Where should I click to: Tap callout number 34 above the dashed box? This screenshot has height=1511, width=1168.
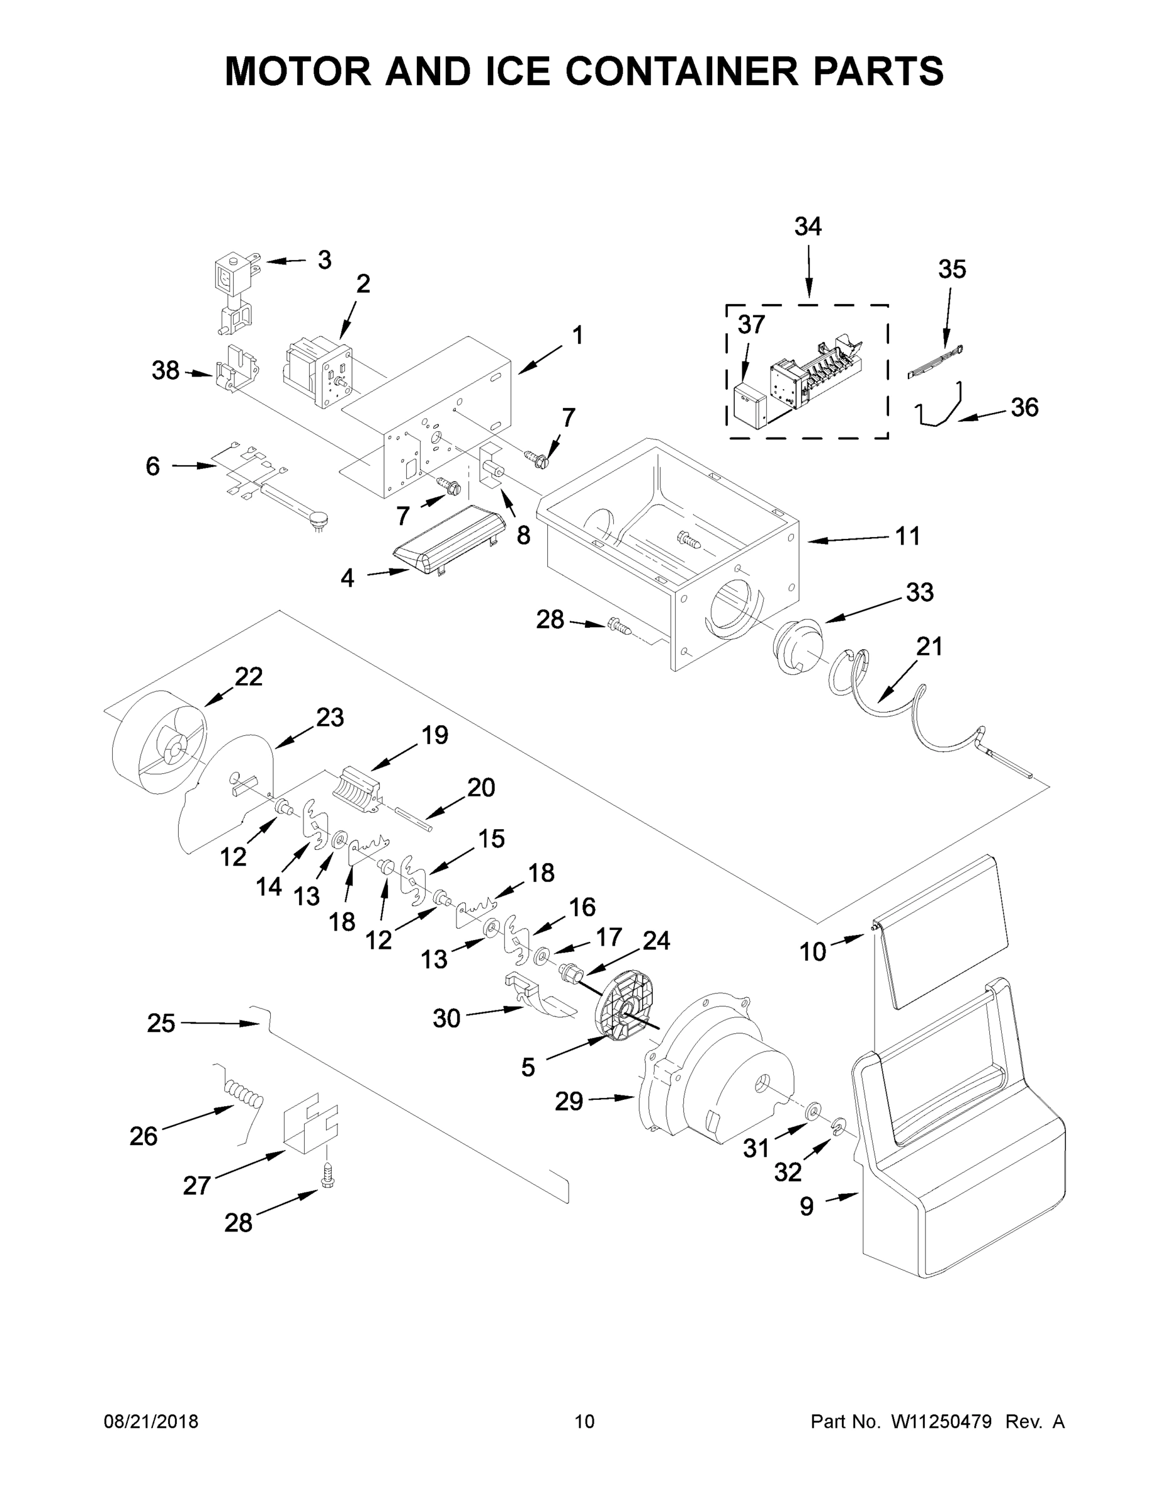807,226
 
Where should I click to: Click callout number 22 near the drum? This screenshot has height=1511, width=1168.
249,676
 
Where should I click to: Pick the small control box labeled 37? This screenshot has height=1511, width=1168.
749,407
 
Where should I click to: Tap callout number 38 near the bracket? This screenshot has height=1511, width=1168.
166,371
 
